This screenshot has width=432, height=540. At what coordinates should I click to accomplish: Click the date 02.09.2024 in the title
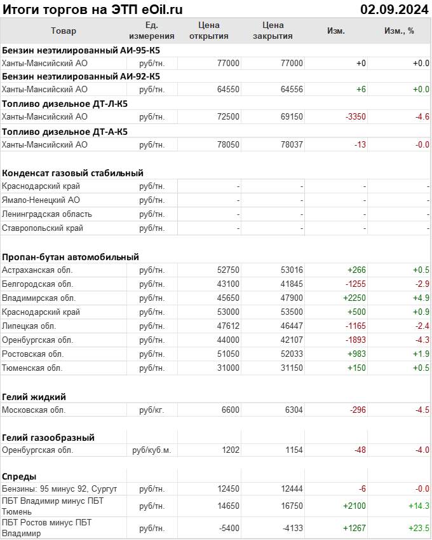click(395, 9)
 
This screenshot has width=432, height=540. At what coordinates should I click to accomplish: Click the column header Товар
click(63, 31)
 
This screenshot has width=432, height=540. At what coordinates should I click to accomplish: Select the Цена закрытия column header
click(273, 31)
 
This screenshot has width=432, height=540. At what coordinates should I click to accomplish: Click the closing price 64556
click(292, 90)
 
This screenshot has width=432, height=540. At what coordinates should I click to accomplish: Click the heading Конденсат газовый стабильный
click(72, 173)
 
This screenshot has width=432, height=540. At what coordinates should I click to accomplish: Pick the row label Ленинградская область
click(47, 214)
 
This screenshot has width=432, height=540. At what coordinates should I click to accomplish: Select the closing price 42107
click(292, 340)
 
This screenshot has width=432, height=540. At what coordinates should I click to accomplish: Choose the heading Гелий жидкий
click(34, 397)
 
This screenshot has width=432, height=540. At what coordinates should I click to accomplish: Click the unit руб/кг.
click(151, 410)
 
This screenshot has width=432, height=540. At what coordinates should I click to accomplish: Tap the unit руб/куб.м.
click(151, 450)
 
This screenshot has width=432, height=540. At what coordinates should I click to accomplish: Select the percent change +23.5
click(418, 529)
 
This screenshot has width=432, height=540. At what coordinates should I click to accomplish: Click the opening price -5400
click(227, 529)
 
